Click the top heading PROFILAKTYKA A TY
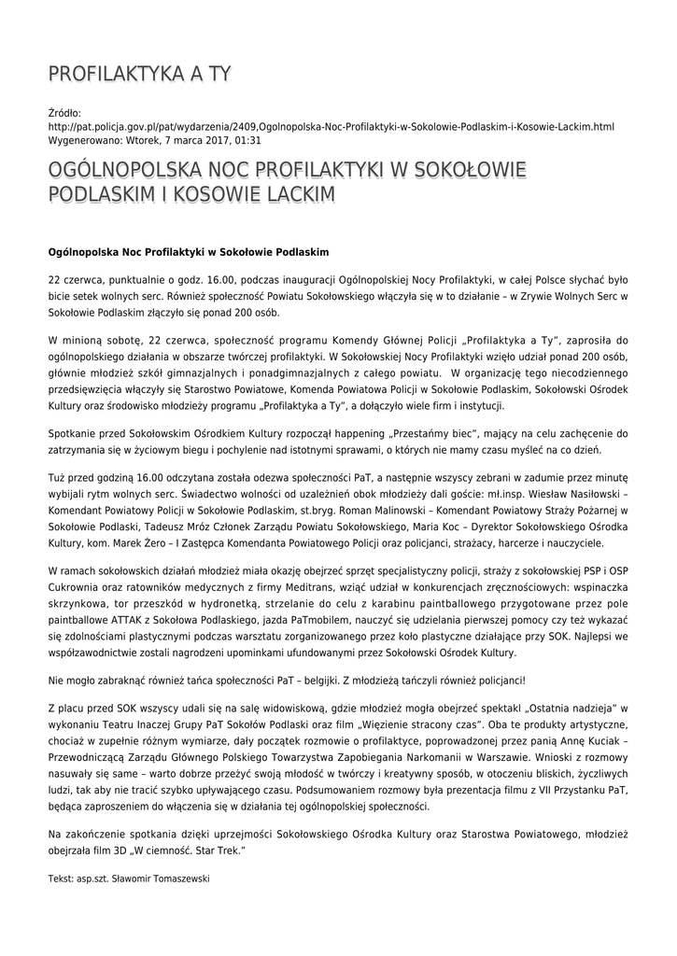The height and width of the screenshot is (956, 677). coord(139,74)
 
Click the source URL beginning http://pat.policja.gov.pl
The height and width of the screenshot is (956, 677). coord(331,126)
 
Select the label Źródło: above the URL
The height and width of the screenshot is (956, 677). coord(64,112)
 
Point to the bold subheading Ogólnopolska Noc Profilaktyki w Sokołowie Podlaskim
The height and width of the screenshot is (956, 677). coord(189,252)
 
